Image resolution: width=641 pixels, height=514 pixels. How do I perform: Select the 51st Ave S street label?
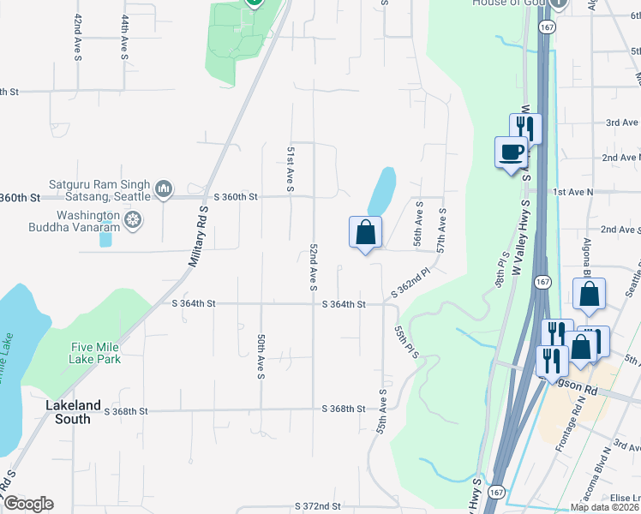(x=291, y=168)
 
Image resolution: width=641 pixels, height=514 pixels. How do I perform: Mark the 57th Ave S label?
(x=441, y=230)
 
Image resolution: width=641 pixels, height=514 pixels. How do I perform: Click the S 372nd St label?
(x=317, y=507)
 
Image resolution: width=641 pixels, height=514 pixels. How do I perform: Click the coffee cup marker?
(x=511, y=152)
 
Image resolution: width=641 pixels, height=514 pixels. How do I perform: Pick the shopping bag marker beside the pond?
(x=365, y=231)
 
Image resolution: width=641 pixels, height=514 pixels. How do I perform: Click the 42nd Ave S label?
(x=78, y=37)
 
